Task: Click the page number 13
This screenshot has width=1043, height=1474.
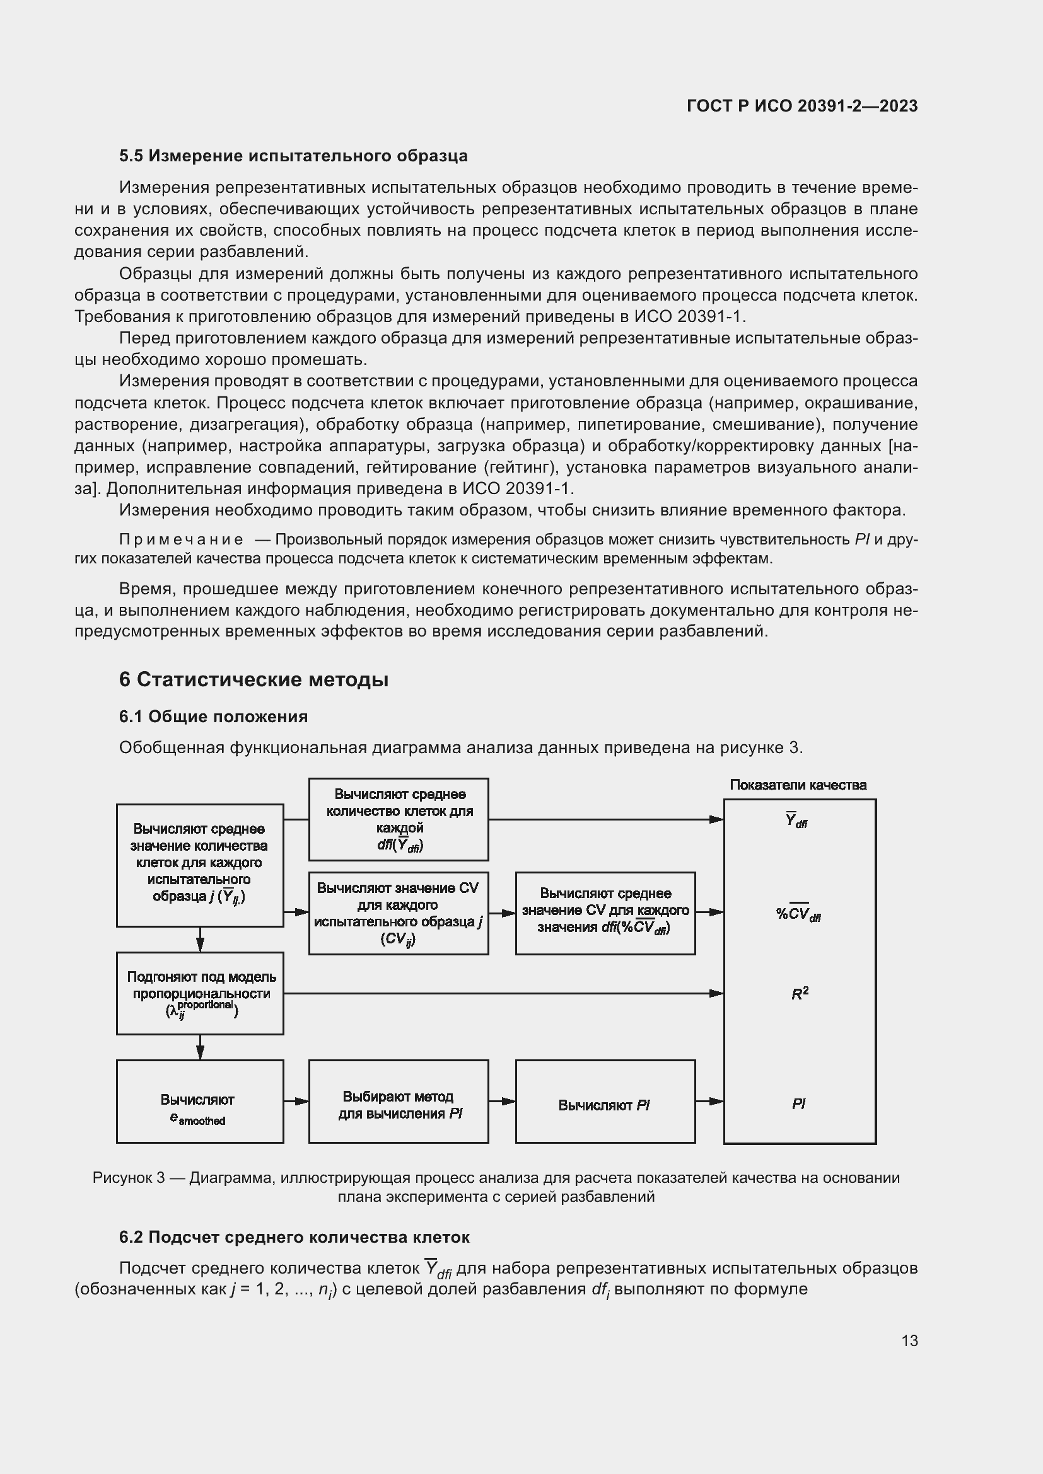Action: click(x=909, y=1340)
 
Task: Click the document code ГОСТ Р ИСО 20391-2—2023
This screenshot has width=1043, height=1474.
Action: click(x=801, y=106)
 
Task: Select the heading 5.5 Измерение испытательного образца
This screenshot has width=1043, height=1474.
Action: click(x=293, y=156)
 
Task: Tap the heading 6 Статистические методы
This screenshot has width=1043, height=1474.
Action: click(x=253, y=679)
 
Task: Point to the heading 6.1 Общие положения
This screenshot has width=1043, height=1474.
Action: click(x=213, y=717)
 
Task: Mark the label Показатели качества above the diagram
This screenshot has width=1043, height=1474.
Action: click(x=798, y=785)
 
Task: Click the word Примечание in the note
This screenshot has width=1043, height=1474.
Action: click(x=181, y=540)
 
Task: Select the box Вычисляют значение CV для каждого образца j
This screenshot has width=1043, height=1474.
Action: click(x=398, y=913)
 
